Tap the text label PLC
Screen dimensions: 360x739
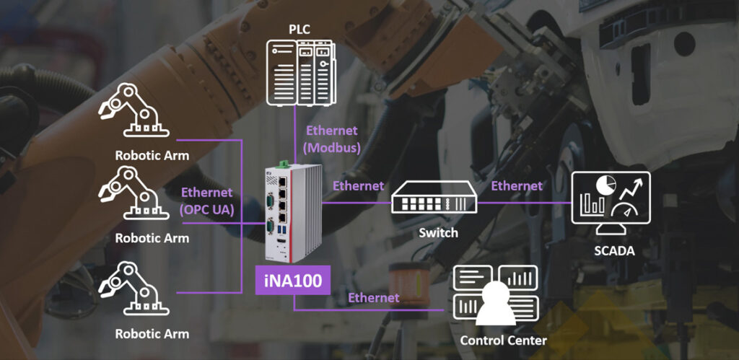click(x=300, y=29)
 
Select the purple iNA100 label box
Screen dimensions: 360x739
click(x=292, y=280)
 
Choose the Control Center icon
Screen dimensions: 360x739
click(x=495, y=295)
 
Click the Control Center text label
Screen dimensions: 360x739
click(x=503, y=340)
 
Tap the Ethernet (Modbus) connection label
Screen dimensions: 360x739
click(x=332, y=139)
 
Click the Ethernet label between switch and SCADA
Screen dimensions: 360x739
click(x=517, y=186)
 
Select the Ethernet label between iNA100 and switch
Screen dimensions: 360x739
click(x=358, y=186)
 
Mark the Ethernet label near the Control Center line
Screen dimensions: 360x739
click(x=373, y=298)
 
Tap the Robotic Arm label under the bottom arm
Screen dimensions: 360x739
click(x=152, y=334)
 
